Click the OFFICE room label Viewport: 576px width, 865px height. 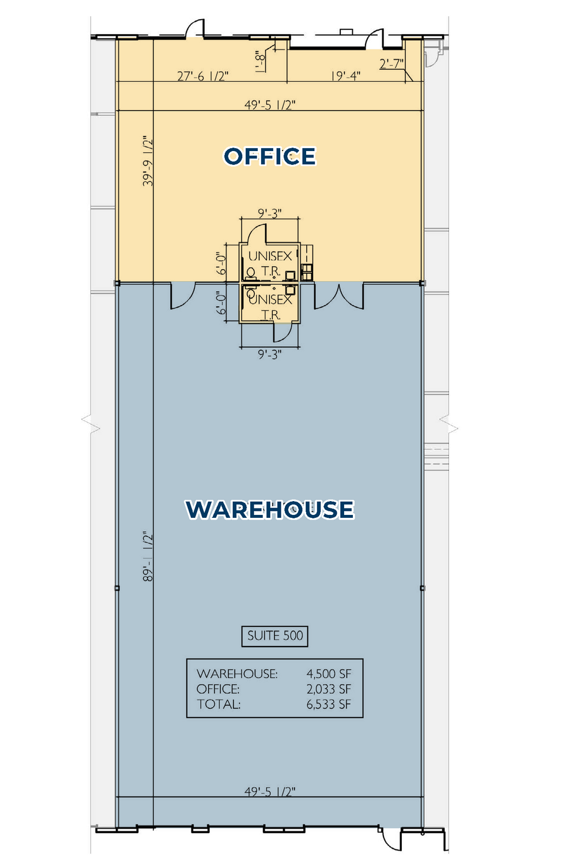point(269,156)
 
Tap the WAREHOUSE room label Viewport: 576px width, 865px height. point(269,509)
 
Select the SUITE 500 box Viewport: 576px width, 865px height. point(274,636)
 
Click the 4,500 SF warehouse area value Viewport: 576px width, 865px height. point(329,674)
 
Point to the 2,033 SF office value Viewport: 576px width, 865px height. point(329,689)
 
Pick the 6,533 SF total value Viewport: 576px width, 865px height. point(329,704)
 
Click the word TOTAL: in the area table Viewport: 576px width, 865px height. point(219,704)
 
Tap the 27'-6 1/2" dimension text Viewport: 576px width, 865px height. point(203,76)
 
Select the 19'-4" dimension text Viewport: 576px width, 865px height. point(345,76)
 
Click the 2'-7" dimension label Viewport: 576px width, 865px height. point(391,63)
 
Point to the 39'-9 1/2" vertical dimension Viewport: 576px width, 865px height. point(148,161)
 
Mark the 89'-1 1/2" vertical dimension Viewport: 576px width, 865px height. point(148,556)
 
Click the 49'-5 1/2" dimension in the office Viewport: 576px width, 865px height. point(270,104)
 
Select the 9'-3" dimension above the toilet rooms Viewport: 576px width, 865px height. point(269,213)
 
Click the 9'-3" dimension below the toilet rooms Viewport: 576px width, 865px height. point(269,354)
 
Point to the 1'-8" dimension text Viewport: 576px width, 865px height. point(261,61)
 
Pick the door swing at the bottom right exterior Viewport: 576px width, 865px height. point(390,836)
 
